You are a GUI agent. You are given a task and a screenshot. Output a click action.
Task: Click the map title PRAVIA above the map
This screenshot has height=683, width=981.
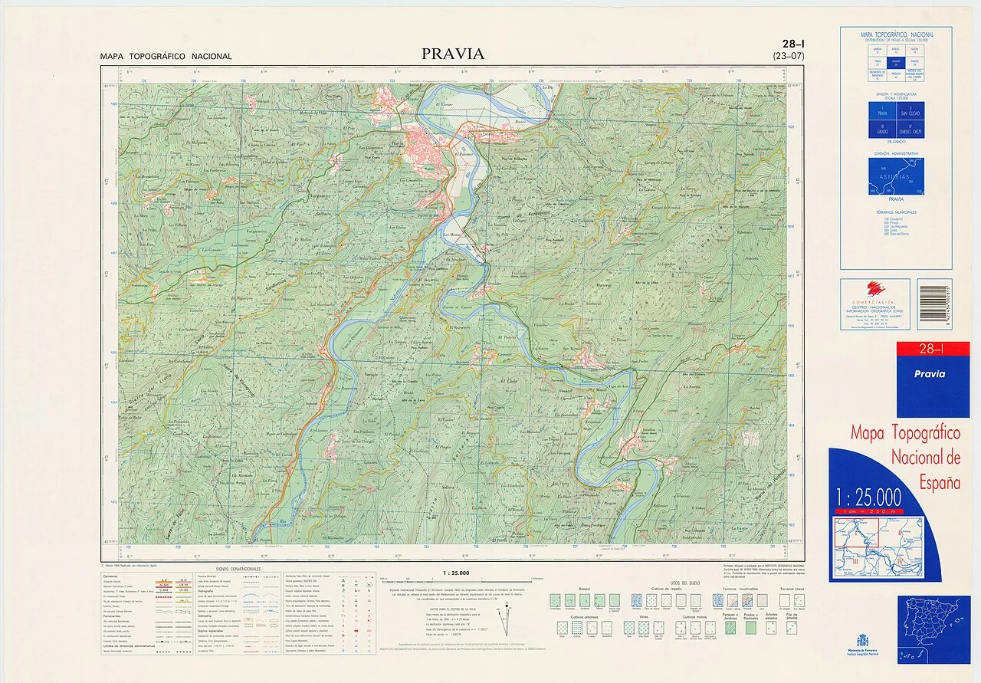tap(452, 54)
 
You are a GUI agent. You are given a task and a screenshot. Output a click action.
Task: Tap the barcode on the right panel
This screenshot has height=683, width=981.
tap(934, 303)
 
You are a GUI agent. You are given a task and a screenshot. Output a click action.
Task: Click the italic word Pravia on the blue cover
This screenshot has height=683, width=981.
tap(929, 374)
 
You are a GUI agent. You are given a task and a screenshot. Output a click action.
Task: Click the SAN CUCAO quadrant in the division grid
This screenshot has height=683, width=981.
tap(912, 112)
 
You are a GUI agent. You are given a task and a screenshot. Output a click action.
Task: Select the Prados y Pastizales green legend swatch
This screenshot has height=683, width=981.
tap(750, 627)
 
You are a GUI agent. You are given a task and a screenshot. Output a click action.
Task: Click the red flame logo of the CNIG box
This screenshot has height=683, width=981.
tap(874, 289)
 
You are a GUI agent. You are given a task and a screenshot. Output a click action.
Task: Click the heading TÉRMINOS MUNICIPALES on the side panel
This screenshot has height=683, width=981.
tap(897, 212)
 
